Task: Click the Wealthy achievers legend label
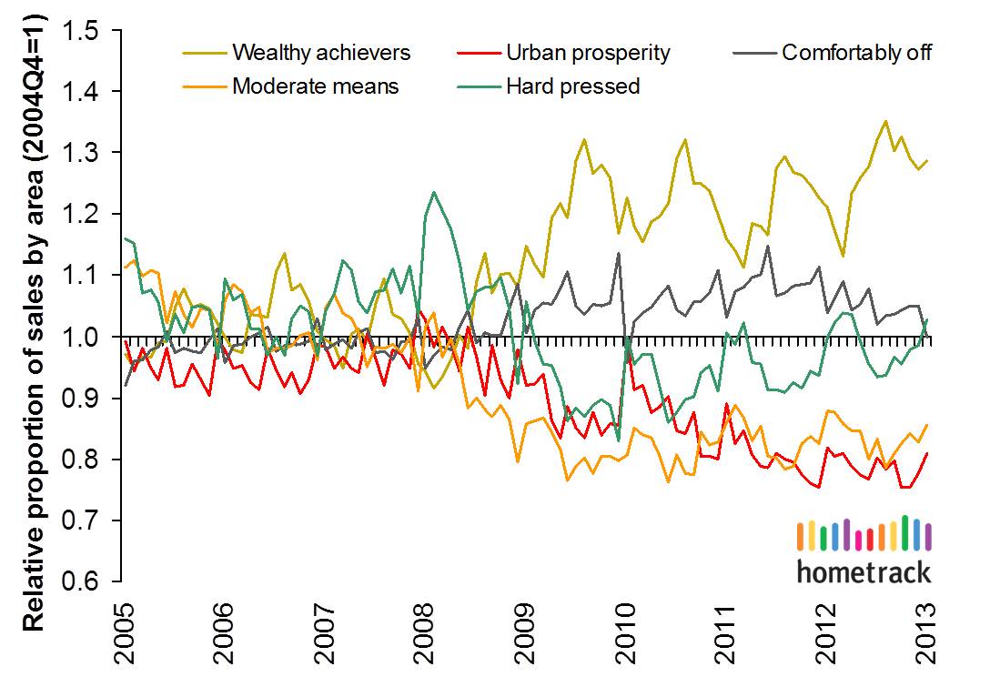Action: point(321,52)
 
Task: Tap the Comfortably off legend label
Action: point(856,52)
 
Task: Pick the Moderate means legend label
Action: point(315,86)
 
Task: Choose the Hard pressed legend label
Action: point(574,86)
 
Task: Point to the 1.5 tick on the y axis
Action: point(88,31)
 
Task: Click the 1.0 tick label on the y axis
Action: point(88,338)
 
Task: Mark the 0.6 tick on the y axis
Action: point(88,581)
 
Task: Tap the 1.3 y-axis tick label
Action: point(88,153)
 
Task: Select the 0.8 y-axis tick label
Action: point(88,460)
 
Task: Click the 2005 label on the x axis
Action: point(122,627)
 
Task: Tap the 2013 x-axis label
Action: point(928,627)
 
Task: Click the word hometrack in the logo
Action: point(864,571)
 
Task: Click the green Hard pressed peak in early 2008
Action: point(433,193)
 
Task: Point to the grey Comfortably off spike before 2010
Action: point(619,253)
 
